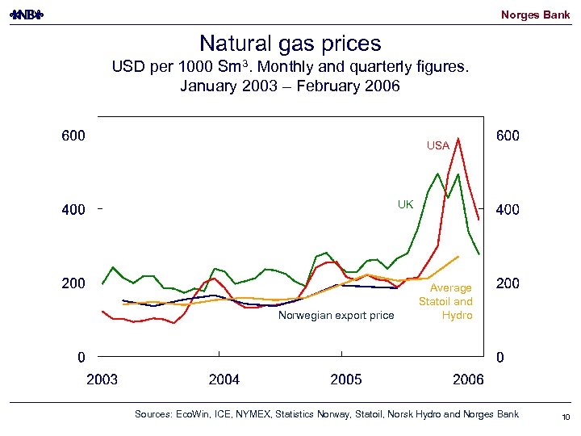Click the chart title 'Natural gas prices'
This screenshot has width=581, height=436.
[290, 43]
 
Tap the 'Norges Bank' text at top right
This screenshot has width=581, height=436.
[535, 15]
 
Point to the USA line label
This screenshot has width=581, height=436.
[438, 146]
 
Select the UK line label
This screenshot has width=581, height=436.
[405, 204]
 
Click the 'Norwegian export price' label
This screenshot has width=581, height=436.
[336, 315]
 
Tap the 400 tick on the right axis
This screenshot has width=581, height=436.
[508, 210]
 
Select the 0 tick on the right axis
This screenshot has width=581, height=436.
[500, 357]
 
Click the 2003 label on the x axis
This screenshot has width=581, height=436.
[102, 379]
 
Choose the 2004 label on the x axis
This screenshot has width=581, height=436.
[224, 379]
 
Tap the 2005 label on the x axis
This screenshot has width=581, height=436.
[346, 379]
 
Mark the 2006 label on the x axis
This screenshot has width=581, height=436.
[468, 379]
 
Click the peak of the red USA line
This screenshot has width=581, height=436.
[458, 139]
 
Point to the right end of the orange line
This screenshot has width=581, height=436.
[458, 257]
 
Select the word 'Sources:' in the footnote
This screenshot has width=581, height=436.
[152, 414]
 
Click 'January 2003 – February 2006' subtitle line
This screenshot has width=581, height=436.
[290, 86]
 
